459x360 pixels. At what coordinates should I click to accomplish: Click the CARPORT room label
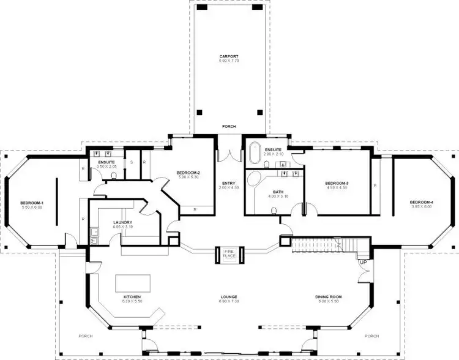click(x=229, y=56)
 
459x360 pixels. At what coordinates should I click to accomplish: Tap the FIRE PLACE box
click(x=229, y=254)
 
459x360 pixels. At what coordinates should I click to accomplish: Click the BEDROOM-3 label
click(x=336, y=183)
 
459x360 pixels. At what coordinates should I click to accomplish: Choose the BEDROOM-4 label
click(x=420, y=202)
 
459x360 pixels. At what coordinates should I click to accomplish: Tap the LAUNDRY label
click(x=124, y=222)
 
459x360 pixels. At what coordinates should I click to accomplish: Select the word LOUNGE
click(x=229, y=297)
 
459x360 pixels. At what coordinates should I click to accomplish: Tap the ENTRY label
click(x=229, y=183)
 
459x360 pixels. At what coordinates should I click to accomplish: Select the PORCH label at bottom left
click(x=85, y=336)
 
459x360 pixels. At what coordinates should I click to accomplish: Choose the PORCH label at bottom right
click(x=371, y=336)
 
